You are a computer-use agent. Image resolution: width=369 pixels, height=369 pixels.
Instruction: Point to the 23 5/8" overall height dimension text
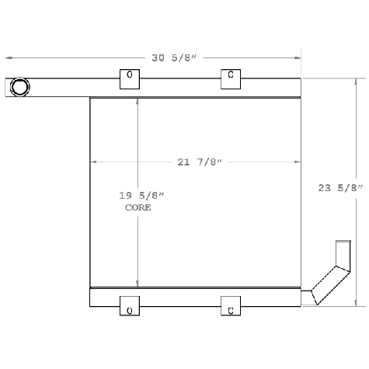coord(340,187)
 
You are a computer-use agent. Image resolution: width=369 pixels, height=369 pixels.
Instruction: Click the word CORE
coord(138,208)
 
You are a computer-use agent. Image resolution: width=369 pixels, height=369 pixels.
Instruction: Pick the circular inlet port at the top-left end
coord(19,87)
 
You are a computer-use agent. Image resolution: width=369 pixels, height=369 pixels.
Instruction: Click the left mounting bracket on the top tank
coord(130,78)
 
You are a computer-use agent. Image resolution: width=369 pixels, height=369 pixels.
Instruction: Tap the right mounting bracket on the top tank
coord(231,78)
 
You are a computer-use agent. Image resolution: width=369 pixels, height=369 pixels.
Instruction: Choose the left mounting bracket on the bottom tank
coord(130,306)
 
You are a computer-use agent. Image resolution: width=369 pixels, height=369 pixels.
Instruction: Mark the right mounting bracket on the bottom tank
coord(231,306)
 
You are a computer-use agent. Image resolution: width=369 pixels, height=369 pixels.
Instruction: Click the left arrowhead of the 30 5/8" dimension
coord(9,57)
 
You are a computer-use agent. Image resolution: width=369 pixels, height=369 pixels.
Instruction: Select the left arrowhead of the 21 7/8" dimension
coord(95,162)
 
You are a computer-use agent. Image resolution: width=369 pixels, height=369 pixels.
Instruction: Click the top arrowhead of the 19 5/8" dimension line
coord(138,101)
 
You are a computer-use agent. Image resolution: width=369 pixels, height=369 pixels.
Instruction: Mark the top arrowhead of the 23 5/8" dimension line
coord(357,81)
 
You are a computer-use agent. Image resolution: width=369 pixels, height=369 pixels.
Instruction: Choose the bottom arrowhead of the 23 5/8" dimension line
coord(357,305)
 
